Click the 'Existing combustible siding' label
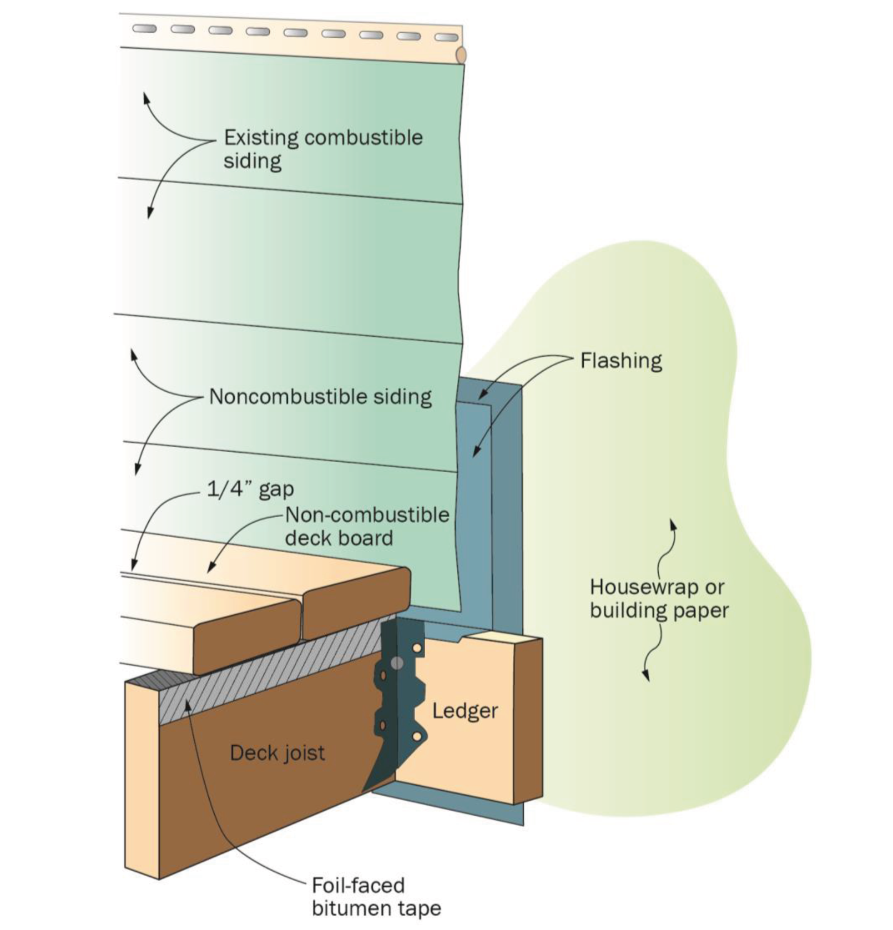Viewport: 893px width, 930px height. (x=322, y=149)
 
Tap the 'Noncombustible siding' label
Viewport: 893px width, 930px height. (x=320, y=397)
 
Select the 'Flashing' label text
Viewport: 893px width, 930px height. (x=621, y=361)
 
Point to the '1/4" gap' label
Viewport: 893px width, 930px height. (x=250, y=489)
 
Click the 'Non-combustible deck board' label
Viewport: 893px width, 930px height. (x=366, y=526)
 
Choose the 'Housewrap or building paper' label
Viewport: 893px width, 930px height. (x=659, y=599)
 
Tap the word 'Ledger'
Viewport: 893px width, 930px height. (x=465, y=711)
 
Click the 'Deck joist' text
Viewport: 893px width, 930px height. (x=277, y=753)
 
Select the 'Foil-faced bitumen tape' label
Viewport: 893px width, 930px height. (x=376, y=896)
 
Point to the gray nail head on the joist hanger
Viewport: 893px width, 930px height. (x=397, y=663)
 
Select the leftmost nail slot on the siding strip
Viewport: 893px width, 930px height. (x=144, y=28)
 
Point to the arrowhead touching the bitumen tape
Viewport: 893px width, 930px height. (x=188, y=704)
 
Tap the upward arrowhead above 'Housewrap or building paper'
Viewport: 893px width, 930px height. (x=673, y=524)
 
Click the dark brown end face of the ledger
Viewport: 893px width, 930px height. (x=528, y=721)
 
